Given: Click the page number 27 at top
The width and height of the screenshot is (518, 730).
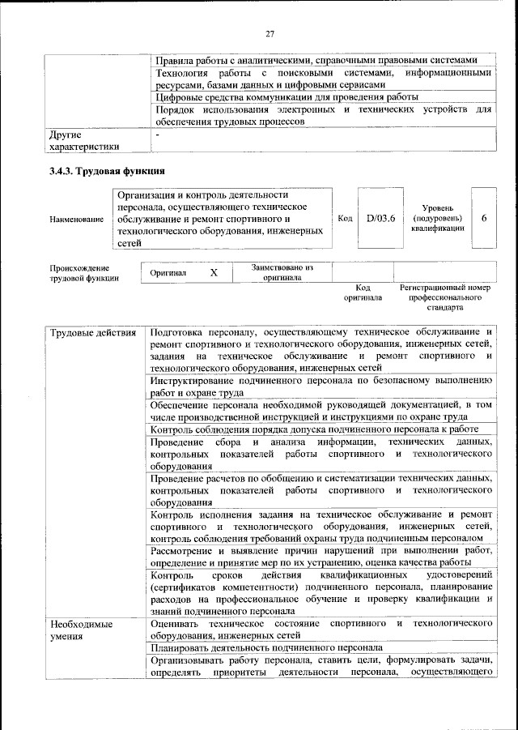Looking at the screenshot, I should coord(270,33).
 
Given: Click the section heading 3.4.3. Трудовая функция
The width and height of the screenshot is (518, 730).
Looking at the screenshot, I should coord(107,171).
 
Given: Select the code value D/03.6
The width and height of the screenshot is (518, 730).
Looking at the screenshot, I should coord(380,218).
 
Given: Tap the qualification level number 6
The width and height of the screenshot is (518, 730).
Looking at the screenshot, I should coord(484,218).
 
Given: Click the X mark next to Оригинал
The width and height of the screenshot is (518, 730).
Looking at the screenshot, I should coord(214,273).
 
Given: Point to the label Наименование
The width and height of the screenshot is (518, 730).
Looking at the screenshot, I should coord(76,219).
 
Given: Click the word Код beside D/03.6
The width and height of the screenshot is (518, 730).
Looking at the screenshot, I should coord(345,218).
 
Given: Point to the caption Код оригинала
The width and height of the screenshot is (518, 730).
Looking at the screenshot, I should coord(363,292).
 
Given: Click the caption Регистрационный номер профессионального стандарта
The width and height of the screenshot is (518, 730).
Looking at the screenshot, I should coord(445,297).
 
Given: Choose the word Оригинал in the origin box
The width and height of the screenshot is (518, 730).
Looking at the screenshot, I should coord(168,273).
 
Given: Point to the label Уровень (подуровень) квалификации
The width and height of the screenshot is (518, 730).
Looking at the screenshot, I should coord(437,218).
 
